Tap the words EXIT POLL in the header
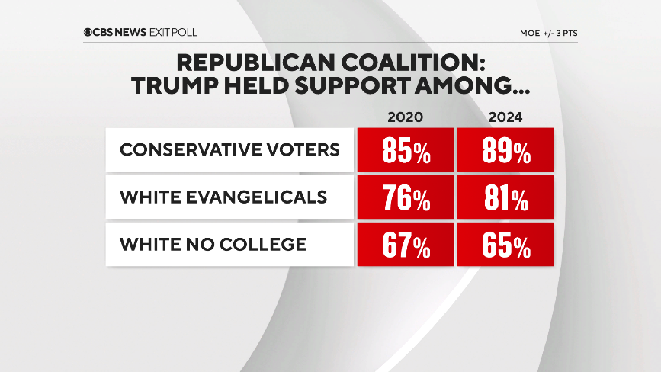tap(175, 32)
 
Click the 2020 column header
tap(406, 117)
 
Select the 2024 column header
tap(505, 117)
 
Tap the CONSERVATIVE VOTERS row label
tap(229, 149)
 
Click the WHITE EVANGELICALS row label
tap(223, 197)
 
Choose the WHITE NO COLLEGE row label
tap(213, 245)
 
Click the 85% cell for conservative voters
tap(406, 150)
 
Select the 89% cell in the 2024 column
tap(505, 150)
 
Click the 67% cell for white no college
tap(406, 245)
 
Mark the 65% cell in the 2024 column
tap(505, 245)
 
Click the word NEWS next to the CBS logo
tap(132, 32)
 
